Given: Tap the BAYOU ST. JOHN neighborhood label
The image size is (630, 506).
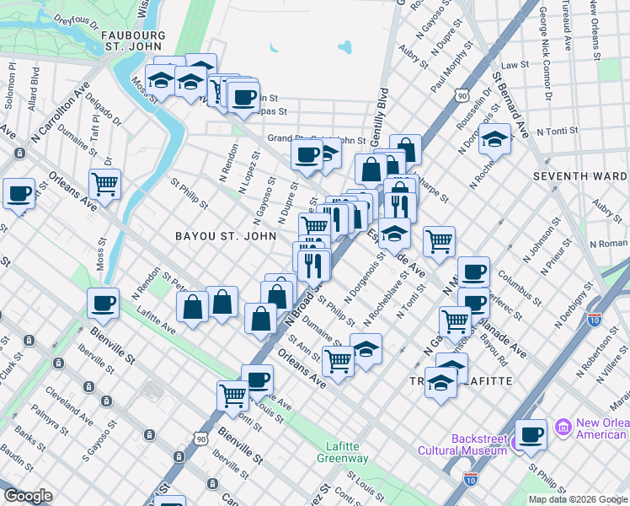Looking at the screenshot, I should pos(225,236).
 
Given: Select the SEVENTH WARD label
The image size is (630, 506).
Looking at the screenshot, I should pos(580,176).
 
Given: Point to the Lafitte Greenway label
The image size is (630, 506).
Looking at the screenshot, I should pos(342,452).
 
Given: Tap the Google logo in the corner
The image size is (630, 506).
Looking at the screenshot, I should pos(27,496).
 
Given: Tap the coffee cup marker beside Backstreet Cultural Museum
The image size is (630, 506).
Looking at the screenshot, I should pos(531,434).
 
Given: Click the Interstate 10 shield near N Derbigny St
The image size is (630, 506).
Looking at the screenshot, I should pos(595,320).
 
